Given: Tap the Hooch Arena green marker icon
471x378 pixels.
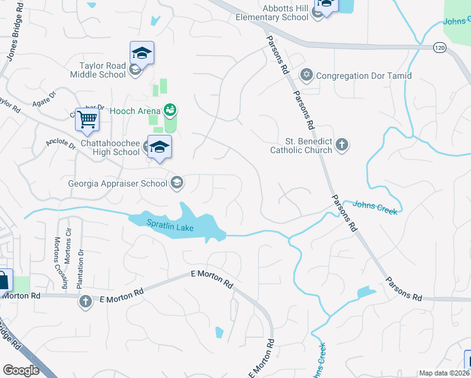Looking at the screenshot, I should pyautogui.click(x=169, y=110).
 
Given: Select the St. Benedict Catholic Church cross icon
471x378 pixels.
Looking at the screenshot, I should pyautogui.click(x=341, y=146).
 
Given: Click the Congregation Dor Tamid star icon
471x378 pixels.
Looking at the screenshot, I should pyautogui.click(x=307, y=76).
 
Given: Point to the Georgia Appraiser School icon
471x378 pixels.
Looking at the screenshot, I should pyautogui.click(x=177, y=183).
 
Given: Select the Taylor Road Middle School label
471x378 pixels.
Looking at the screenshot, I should pyautogui.click(x=103, y=70).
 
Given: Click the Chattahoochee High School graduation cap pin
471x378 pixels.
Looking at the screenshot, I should pyautogui.click(x=160, y=147).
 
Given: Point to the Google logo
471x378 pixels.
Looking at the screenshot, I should pyautogui.click(x=21, y=370).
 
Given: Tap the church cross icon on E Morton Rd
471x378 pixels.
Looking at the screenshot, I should pyautogui.click(x=85, y=302).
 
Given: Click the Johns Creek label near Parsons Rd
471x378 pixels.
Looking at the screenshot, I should pyautogui.click(x=375, y=207).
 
